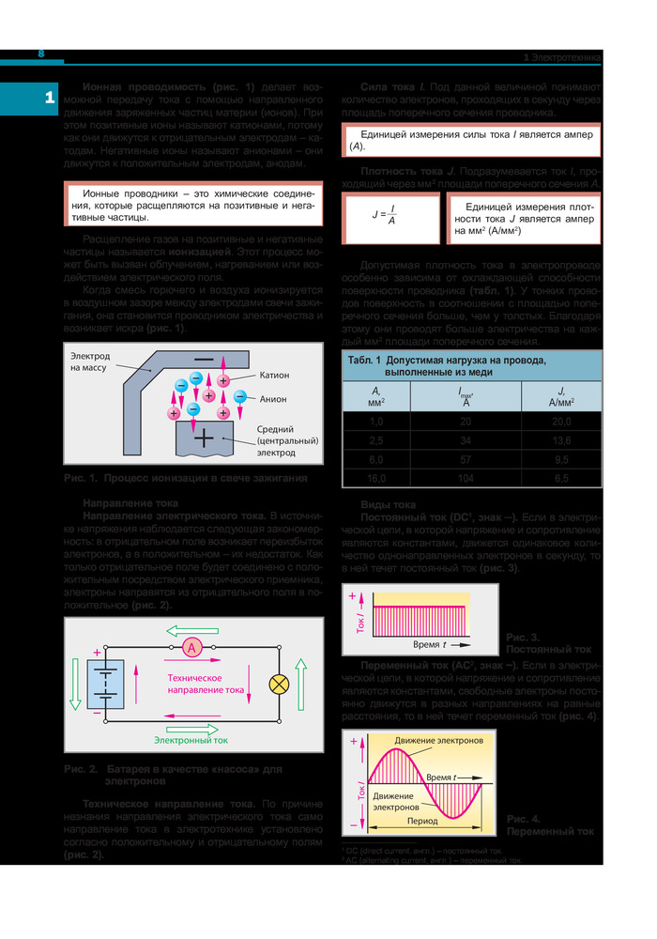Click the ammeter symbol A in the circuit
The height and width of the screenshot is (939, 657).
[191, 647]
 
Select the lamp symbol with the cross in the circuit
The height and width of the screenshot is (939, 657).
[279, 683]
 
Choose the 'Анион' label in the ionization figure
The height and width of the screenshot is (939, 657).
[273, 398]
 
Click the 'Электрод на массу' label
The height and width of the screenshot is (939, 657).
[90, 362]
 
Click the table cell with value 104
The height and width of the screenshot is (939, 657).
[466, 478]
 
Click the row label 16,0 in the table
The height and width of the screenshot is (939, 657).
[375, 478]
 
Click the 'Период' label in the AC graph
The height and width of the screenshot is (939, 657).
[422, 820]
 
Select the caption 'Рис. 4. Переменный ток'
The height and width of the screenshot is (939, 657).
[549, 824]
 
